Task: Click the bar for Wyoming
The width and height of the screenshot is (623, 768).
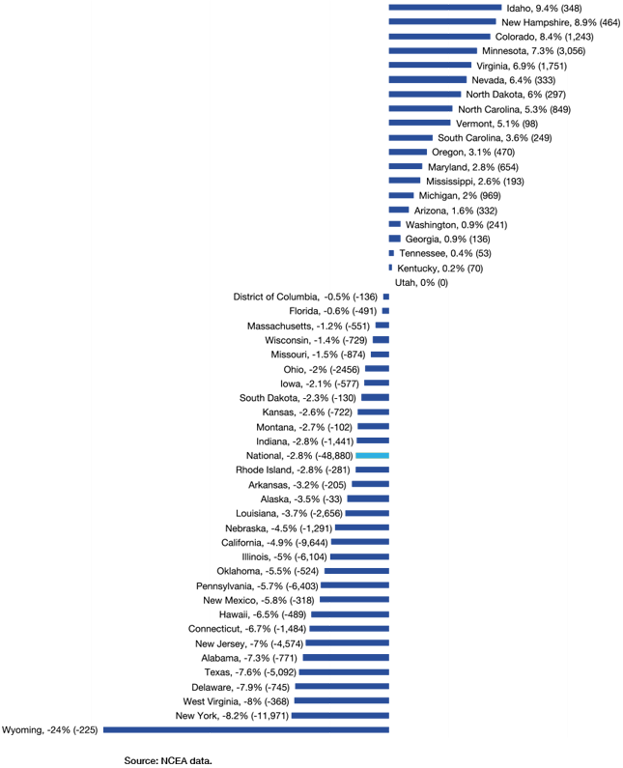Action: click(245, 729)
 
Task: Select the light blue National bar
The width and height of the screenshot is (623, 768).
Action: click(372, 455)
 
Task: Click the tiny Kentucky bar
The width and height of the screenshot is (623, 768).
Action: click(390, 268)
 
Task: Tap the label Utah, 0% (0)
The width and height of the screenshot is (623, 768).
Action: click(421, 282)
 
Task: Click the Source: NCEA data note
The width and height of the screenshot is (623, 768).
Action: click(167, 759)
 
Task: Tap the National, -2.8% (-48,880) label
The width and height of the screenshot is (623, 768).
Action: click(299, 455)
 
